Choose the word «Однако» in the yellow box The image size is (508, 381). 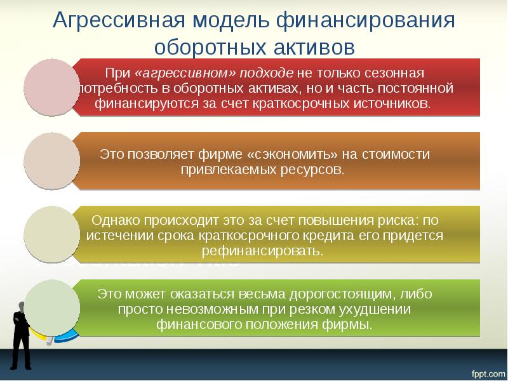click(117, 220)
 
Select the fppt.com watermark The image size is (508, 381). click(486, 371)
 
